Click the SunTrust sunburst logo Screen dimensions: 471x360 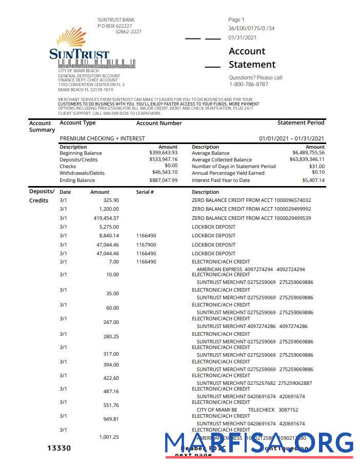pos(71,38)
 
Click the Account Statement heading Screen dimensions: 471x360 pos(252,58)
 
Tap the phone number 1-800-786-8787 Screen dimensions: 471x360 pos(248,84)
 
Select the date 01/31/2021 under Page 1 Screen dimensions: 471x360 pos(243,37)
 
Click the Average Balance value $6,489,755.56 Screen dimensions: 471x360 pos(308,153)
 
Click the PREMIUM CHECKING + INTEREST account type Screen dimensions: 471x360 pos(102,138)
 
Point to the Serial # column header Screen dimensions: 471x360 pos(145,192)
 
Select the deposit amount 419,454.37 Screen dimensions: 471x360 pos(106,218)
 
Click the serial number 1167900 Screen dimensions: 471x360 pos(146,245)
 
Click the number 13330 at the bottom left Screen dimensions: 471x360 pos(59,448)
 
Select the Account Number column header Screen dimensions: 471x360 pos(159,123)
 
